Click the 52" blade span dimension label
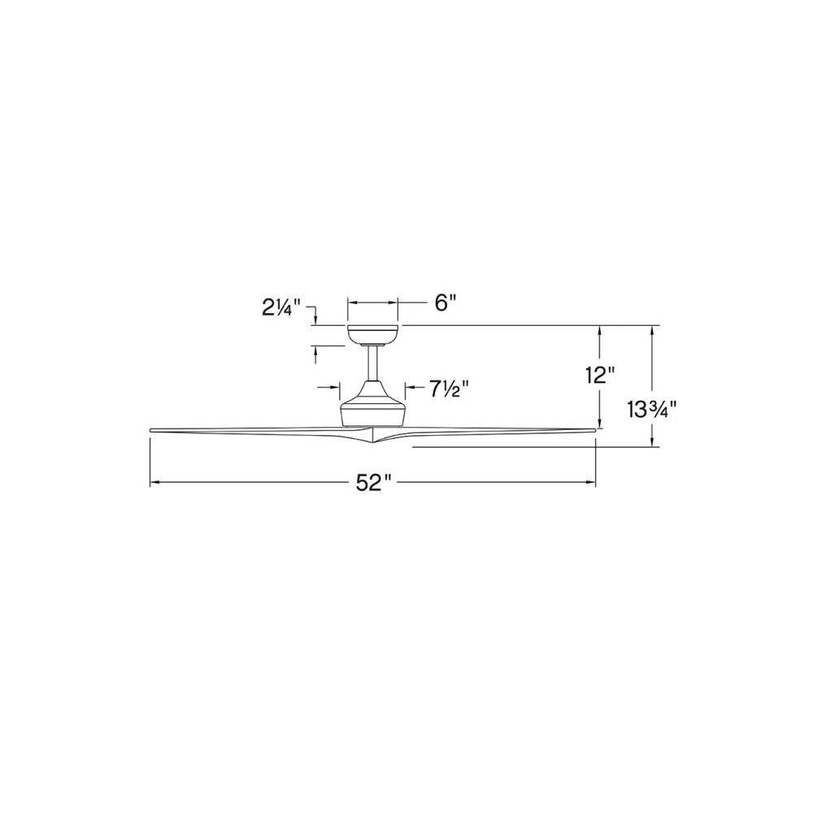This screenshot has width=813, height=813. click(373, 483)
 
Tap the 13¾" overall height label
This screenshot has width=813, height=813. click(652, 410)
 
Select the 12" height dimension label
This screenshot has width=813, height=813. click(600, 375)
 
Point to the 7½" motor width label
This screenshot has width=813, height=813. click(449, 389)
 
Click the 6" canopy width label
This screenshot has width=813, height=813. click(445, 302)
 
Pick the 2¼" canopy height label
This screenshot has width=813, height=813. click(281, 308)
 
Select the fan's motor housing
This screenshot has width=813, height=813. click(373, 403)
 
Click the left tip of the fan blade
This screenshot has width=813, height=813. click(151, 430)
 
